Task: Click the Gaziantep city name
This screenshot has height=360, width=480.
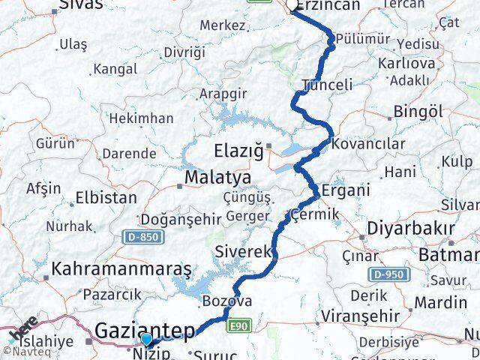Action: tap(145, 330)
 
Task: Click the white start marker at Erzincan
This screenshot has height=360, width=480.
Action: tap(292, 7)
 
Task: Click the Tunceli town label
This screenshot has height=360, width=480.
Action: tap(325, 85)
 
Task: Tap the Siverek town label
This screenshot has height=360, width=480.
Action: tap(241, 252)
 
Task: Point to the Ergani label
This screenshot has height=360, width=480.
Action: tap(345, 190)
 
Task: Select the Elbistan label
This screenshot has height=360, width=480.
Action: tap(106, 199)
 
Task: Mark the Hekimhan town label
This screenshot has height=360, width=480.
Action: tap(141, 118)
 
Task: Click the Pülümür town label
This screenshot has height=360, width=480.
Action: tap(363, 38)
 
